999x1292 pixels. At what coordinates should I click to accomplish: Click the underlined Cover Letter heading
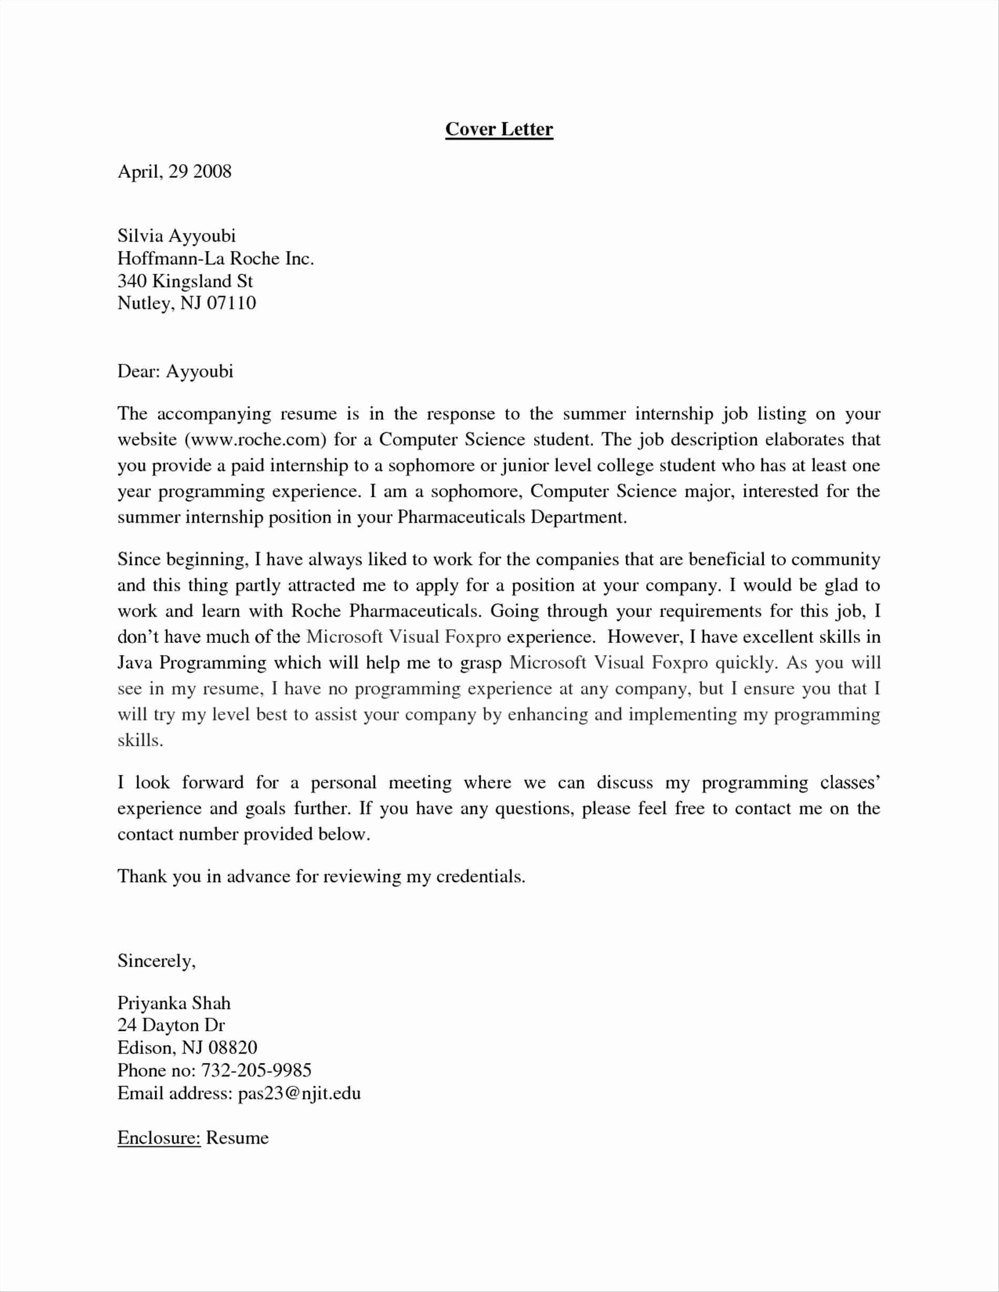coord(499,129)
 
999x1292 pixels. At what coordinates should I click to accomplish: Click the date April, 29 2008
coord(175,171)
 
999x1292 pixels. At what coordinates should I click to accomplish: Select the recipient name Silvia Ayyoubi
coord(176,236)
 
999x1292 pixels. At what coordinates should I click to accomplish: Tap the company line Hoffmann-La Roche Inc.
coord(216,259)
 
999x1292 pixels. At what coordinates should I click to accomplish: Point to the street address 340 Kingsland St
coord(185,281)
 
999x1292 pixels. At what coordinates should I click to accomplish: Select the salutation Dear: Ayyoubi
coord(175,372)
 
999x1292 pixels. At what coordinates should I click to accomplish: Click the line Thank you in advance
coord(321,876)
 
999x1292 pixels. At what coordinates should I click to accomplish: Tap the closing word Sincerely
coord(156,961)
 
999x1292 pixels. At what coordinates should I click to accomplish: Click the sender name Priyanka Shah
coord(174,1003)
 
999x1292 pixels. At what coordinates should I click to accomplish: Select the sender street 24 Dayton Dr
coord(171,1025)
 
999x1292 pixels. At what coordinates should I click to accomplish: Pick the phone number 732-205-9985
coord(256,1070)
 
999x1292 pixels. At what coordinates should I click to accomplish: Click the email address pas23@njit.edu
coord(299,1093)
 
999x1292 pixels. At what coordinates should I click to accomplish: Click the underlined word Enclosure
coord(159,1137)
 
